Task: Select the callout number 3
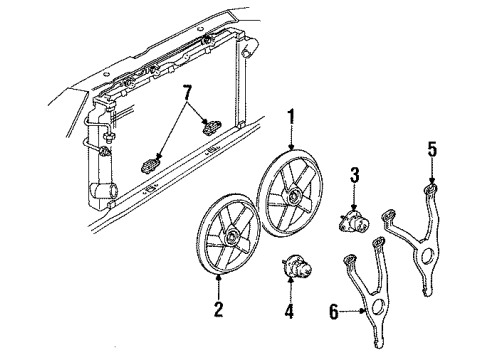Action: click(x=353, y=178)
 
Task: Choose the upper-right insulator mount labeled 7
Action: click(x=211, y=126)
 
